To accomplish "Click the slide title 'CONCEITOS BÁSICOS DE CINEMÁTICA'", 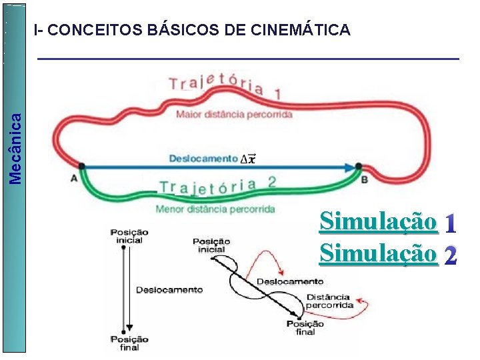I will click(192, 30).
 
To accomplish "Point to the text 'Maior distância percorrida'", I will click(234, 115).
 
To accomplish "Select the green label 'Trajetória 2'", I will click(218, 186).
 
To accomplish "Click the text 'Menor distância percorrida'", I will click(215, 209).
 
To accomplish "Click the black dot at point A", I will click(81, 166).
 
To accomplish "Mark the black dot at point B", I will click(358, 166).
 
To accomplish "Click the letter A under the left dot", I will click(74, 178).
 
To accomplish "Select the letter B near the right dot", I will click(364, 179).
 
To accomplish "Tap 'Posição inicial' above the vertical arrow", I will click(129, 236).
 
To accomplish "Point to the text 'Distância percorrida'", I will click(329, 301).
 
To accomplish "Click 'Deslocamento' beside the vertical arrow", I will click(169, 290).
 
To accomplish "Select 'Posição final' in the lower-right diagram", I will click(305, 327).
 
